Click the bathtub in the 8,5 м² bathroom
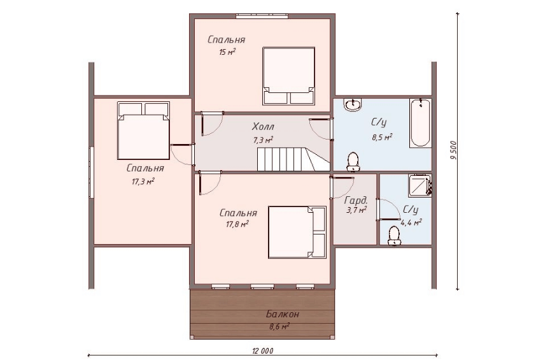[x=420, y=123]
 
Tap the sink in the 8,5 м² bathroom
[x=353, y=104]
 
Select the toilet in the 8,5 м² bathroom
[x=353, y=161]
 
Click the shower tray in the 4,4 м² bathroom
[x=420, y=185]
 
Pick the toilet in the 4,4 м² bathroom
[x=394, y=236]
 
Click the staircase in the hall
[x=293, y=159]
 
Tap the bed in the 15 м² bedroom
[x=288, y=76]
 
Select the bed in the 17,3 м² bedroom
[x=144, y=131]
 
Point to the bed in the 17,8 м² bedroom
[x=297, y=232]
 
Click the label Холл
[x=263, y=127]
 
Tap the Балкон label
[x=283, y=313]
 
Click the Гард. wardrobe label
[x=356, y=201]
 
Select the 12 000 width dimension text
[x=262, y=350]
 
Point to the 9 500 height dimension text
[x=454, y=150]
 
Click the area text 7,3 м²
[x=263, y=140]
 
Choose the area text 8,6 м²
[x=279, y=326]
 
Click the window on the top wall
[x=262, y=16]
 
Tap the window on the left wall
[x=91, y=172]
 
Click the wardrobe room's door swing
[x=342, y=187]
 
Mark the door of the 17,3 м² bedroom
[x=183, y=155]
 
